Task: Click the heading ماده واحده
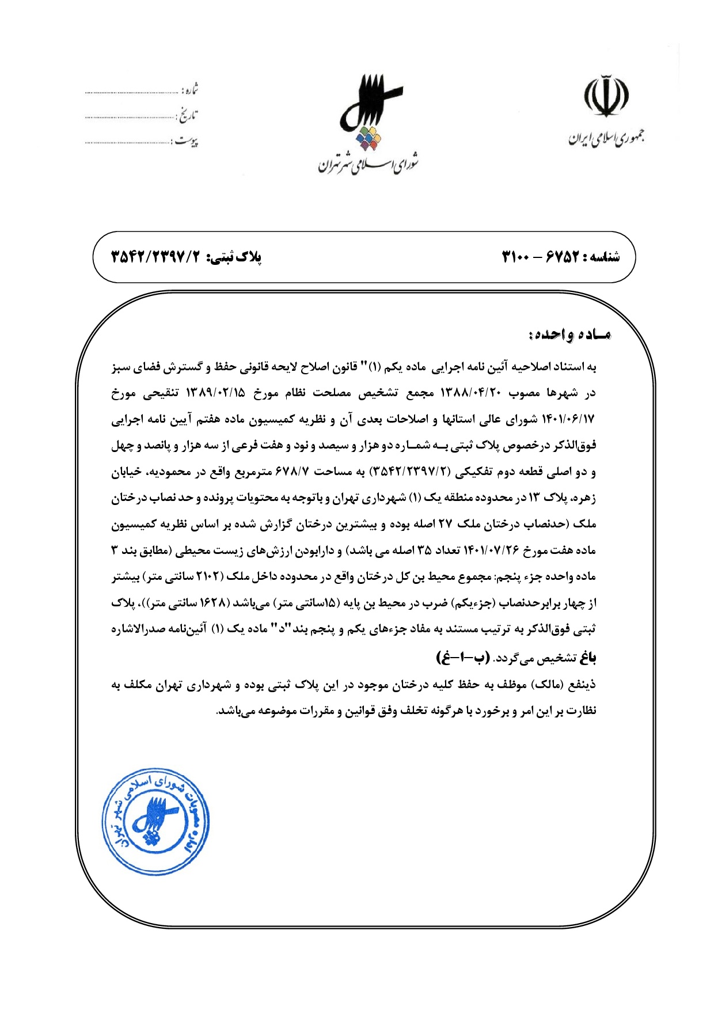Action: [x=569, y=335]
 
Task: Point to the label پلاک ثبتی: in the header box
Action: [x=234, y=257]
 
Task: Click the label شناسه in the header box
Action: [x=603, y=257]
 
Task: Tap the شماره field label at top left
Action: [x=190, y=90]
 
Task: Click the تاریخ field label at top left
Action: [x=187, y=116]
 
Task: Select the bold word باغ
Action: [x=587, y=657]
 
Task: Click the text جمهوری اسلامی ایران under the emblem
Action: [x=606, y=138]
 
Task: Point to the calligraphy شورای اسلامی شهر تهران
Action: [x=369, y=165]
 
